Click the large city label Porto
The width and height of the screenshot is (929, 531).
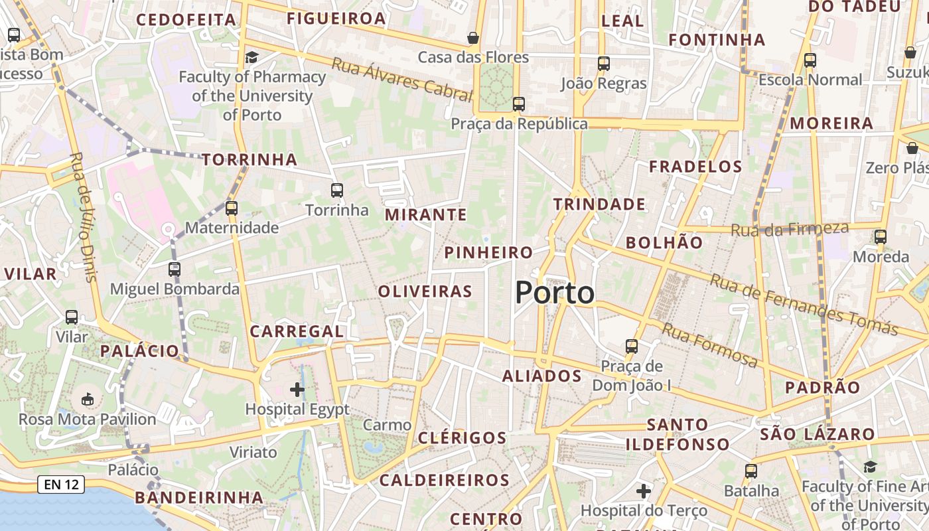pyautogui.click(x=555, y=293)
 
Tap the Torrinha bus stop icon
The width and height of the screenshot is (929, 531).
pyautogui.click(x=337, y=190)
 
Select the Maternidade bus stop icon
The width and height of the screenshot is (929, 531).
pyautogui.click(x=232, y=208)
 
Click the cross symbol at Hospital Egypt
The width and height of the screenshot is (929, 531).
pyautogui.click(x=297, y=390)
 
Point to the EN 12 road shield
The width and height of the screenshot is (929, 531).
pyautogui.click(x=62, y=485)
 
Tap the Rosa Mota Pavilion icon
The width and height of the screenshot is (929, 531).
pyautogui.click(x=87, y=399)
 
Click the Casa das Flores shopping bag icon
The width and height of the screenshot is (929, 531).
pyautogui.click(x=473, y=38)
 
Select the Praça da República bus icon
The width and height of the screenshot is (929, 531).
pyautogui.click(x=519, y=104)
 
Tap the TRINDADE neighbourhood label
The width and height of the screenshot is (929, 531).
pyautogui.click(x=599, y=204)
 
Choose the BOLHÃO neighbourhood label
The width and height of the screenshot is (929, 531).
pyautogui.click(x=664, y=242)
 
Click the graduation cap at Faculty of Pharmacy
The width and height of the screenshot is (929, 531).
pyautogui.click(x=251, y=58)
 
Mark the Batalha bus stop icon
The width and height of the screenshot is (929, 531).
pyautogui.click(x=751, y=471)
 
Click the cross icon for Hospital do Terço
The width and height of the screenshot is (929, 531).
pyautogui.click(x=643, y=491)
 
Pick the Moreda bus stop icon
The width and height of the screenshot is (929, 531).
pyautogui.click(x=881, y=236)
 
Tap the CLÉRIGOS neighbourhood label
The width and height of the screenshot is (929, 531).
pyautogui.click(x=463, y=438)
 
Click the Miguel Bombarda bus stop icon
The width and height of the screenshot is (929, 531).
pyautogui.click(x=175, y=269)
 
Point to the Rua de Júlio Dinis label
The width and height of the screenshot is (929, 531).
pyautogui.click(x=82, y=216)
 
